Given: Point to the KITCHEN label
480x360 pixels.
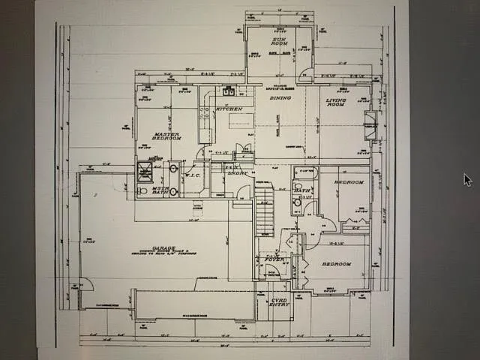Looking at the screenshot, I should [x=228, y=109].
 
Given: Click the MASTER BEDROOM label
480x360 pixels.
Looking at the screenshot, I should [x=167, y=135].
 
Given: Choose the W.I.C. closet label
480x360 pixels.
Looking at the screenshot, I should [x=193, y=177].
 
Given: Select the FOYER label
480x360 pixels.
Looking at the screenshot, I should [x=272, y=259].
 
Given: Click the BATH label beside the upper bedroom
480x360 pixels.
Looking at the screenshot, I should [x=301, y=190].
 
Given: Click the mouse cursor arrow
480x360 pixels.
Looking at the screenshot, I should [x=467, y=180].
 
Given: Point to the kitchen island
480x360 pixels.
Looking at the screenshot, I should [x=240, y=119].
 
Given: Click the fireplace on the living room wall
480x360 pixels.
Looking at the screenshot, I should [x=369, y=124].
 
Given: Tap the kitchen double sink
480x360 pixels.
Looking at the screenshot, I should [x=228, y=92].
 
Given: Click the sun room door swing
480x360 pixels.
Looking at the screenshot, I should [x=304, y=75].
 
